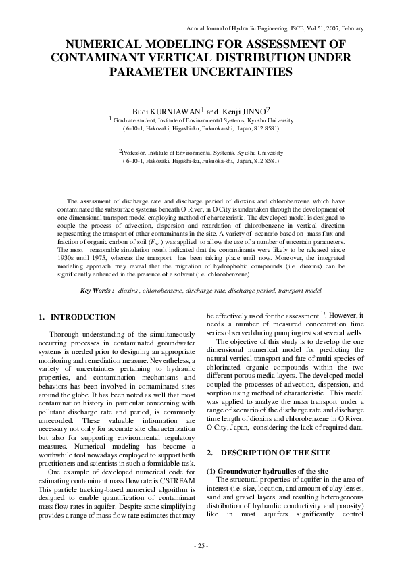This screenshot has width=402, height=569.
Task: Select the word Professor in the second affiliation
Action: click(x=135, y=153)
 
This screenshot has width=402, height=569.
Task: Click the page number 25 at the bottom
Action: click(x=201, y=545)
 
